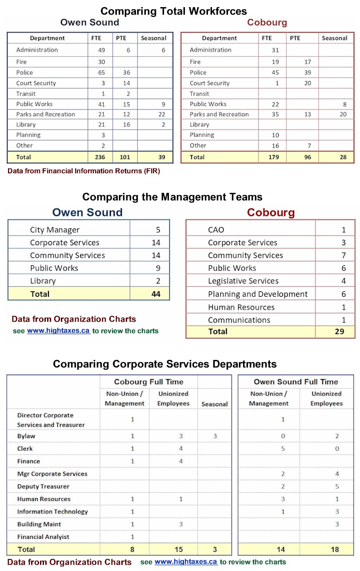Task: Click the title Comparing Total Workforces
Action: (x=173, y=11)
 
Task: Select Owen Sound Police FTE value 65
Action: (x=102, y=72)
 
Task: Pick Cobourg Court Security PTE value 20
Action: (x=308, y=83)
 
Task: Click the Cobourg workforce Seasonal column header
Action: (x=334, y=38)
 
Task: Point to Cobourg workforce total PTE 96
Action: (x=308, y=157)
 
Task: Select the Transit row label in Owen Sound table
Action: (x=26, y=94)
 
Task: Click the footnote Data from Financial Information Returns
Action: (x=84, y=171)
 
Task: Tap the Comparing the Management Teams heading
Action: (x=172, y=196)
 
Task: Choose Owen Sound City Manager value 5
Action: (x=158, y=230)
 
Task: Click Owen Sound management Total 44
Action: (x=156, y=294)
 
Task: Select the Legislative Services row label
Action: (x=243, y=281)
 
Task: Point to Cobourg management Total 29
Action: (x=339, y=331)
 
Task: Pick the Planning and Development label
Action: (x=258, y=294)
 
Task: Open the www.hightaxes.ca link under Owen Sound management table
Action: (x=59, y=331)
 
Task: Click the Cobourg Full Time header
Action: (x=148, y=382)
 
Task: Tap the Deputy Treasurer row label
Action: (x=43, y=487)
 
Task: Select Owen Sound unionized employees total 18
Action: (x=335, y=550)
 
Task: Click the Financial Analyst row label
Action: (x=43, y=537)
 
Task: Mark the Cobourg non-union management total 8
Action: (x=132, y=550)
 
